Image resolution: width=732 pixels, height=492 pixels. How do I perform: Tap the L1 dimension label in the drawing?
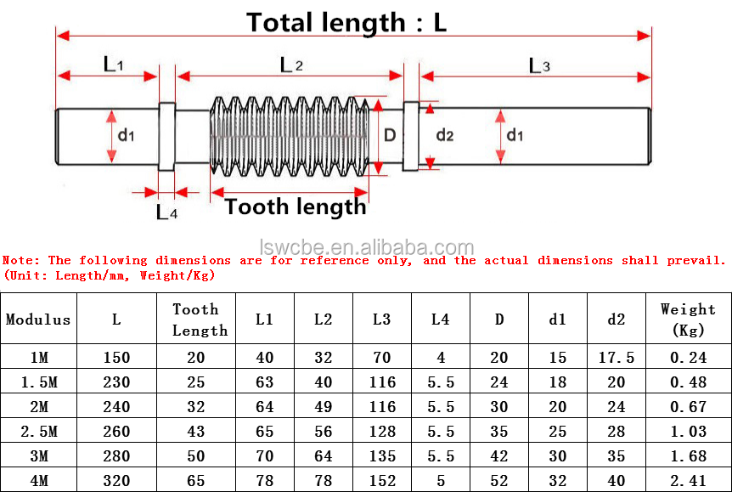pos(113,64)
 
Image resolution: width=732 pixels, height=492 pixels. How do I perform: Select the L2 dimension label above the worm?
pos(291,64)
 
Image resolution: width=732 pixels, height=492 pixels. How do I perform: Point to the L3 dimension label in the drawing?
pos(539,65)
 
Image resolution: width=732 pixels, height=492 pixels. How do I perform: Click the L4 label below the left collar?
pos(166,212)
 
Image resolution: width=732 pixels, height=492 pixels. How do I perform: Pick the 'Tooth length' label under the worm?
pos(296,206)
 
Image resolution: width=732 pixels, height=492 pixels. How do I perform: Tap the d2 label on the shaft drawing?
pos(445,135)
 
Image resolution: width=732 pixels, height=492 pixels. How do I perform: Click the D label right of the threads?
pos(390,134)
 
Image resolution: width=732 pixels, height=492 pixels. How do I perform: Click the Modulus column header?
pos(38,320)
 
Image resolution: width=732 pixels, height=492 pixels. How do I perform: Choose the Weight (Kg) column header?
pos(688,320)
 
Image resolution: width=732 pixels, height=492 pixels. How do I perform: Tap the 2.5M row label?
pos(38,432)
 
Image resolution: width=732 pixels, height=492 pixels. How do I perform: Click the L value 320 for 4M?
pos(116,481)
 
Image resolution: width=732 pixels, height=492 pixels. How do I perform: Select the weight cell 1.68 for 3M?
pos(688,456)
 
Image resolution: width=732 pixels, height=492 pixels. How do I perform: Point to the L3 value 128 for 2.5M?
pos(382,432)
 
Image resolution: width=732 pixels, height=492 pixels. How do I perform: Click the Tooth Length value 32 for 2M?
pos(196,407)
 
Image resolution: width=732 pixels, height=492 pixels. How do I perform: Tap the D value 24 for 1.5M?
pos(499,382)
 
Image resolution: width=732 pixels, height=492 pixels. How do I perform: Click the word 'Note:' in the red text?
pos(21,260)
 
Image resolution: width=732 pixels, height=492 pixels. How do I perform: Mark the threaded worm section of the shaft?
pos(289,134)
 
